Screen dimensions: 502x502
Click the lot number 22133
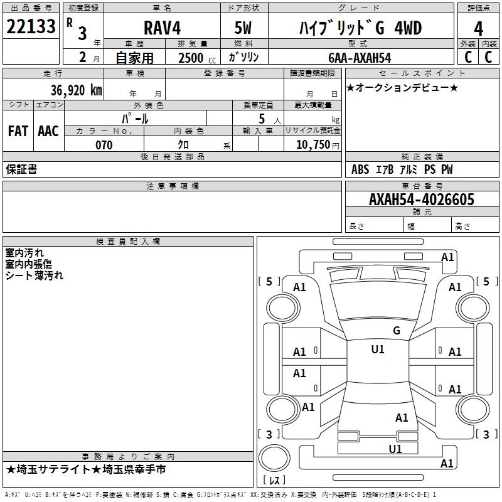coord(31,26)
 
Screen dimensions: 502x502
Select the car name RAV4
coord(161,28)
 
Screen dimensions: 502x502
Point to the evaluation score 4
coord(478,28)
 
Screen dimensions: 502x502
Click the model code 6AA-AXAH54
coord(359,58)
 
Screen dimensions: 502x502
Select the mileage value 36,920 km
coord(76,90)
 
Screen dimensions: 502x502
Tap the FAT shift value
coord(18,131)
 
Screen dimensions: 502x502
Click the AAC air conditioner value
coord(48,131)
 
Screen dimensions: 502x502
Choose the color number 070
coord(104,145)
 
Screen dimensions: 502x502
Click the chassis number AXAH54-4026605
coord(422,200)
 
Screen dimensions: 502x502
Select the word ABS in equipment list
coord(360,169)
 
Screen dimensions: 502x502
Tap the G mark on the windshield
coord(396,331)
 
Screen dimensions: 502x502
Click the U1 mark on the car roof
coord(378,350)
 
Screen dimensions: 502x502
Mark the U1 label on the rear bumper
coord(395,449)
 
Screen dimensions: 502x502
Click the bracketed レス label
coord(274,481)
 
